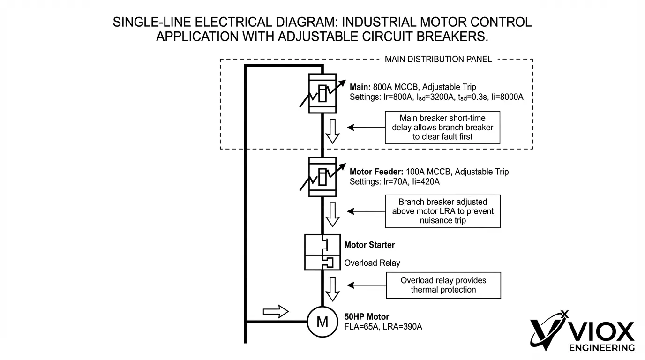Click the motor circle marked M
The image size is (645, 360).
tap(322, 322)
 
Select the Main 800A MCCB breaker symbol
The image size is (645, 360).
tap(322, 93)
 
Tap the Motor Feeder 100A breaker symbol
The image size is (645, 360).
tap(322, 177)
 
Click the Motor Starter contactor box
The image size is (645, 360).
tap(322, 245)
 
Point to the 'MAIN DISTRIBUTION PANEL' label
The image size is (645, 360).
tap(438, 59)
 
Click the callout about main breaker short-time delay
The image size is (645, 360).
tap(442, 127)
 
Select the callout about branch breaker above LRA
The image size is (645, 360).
tap(442, 211)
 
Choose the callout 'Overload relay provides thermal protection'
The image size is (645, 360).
tap(443, 285)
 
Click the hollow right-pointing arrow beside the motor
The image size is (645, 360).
tap(276, 311)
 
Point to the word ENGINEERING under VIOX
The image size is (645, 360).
tap(601, 348)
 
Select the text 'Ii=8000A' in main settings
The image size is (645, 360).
tap(507, 97)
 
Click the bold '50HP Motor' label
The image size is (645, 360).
tap(367, 317)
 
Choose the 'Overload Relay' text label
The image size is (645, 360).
tap(372, 263)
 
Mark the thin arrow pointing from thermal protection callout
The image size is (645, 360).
tap(366, 285)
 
